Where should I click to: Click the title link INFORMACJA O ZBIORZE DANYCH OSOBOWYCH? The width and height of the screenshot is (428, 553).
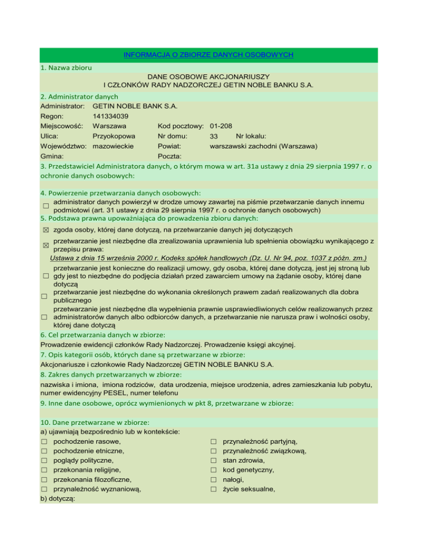pos(208,55)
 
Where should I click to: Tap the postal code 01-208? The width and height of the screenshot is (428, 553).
pos(221,126)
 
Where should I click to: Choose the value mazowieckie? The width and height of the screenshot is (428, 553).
pos(116,146)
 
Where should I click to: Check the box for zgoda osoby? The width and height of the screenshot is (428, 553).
pos(45,230)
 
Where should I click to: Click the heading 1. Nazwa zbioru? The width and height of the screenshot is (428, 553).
pos(66,67)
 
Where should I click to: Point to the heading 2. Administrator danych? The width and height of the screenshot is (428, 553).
pos(80,96)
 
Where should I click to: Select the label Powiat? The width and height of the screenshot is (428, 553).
pos(171,146)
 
